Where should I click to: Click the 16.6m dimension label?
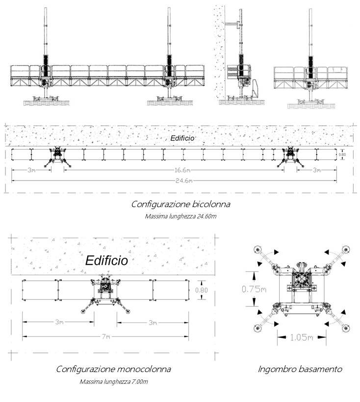click(180, 170)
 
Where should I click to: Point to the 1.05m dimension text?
click(301, 338)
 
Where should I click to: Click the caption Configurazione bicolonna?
click(180, 204)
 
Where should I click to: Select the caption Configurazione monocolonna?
click(113, 369)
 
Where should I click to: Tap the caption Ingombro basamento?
click(300, 369)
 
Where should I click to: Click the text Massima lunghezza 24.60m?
click(180, 216)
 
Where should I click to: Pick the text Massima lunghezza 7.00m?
click(113, 381)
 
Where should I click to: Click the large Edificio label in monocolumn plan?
click(106, 260)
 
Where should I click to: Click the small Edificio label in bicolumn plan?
click(182, 138)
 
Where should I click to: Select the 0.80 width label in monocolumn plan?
click(202, 290)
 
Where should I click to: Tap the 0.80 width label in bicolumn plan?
click(343, 155)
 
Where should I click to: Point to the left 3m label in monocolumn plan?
click(59, 322)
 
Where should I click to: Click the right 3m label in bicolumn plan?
click(316, 170)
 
